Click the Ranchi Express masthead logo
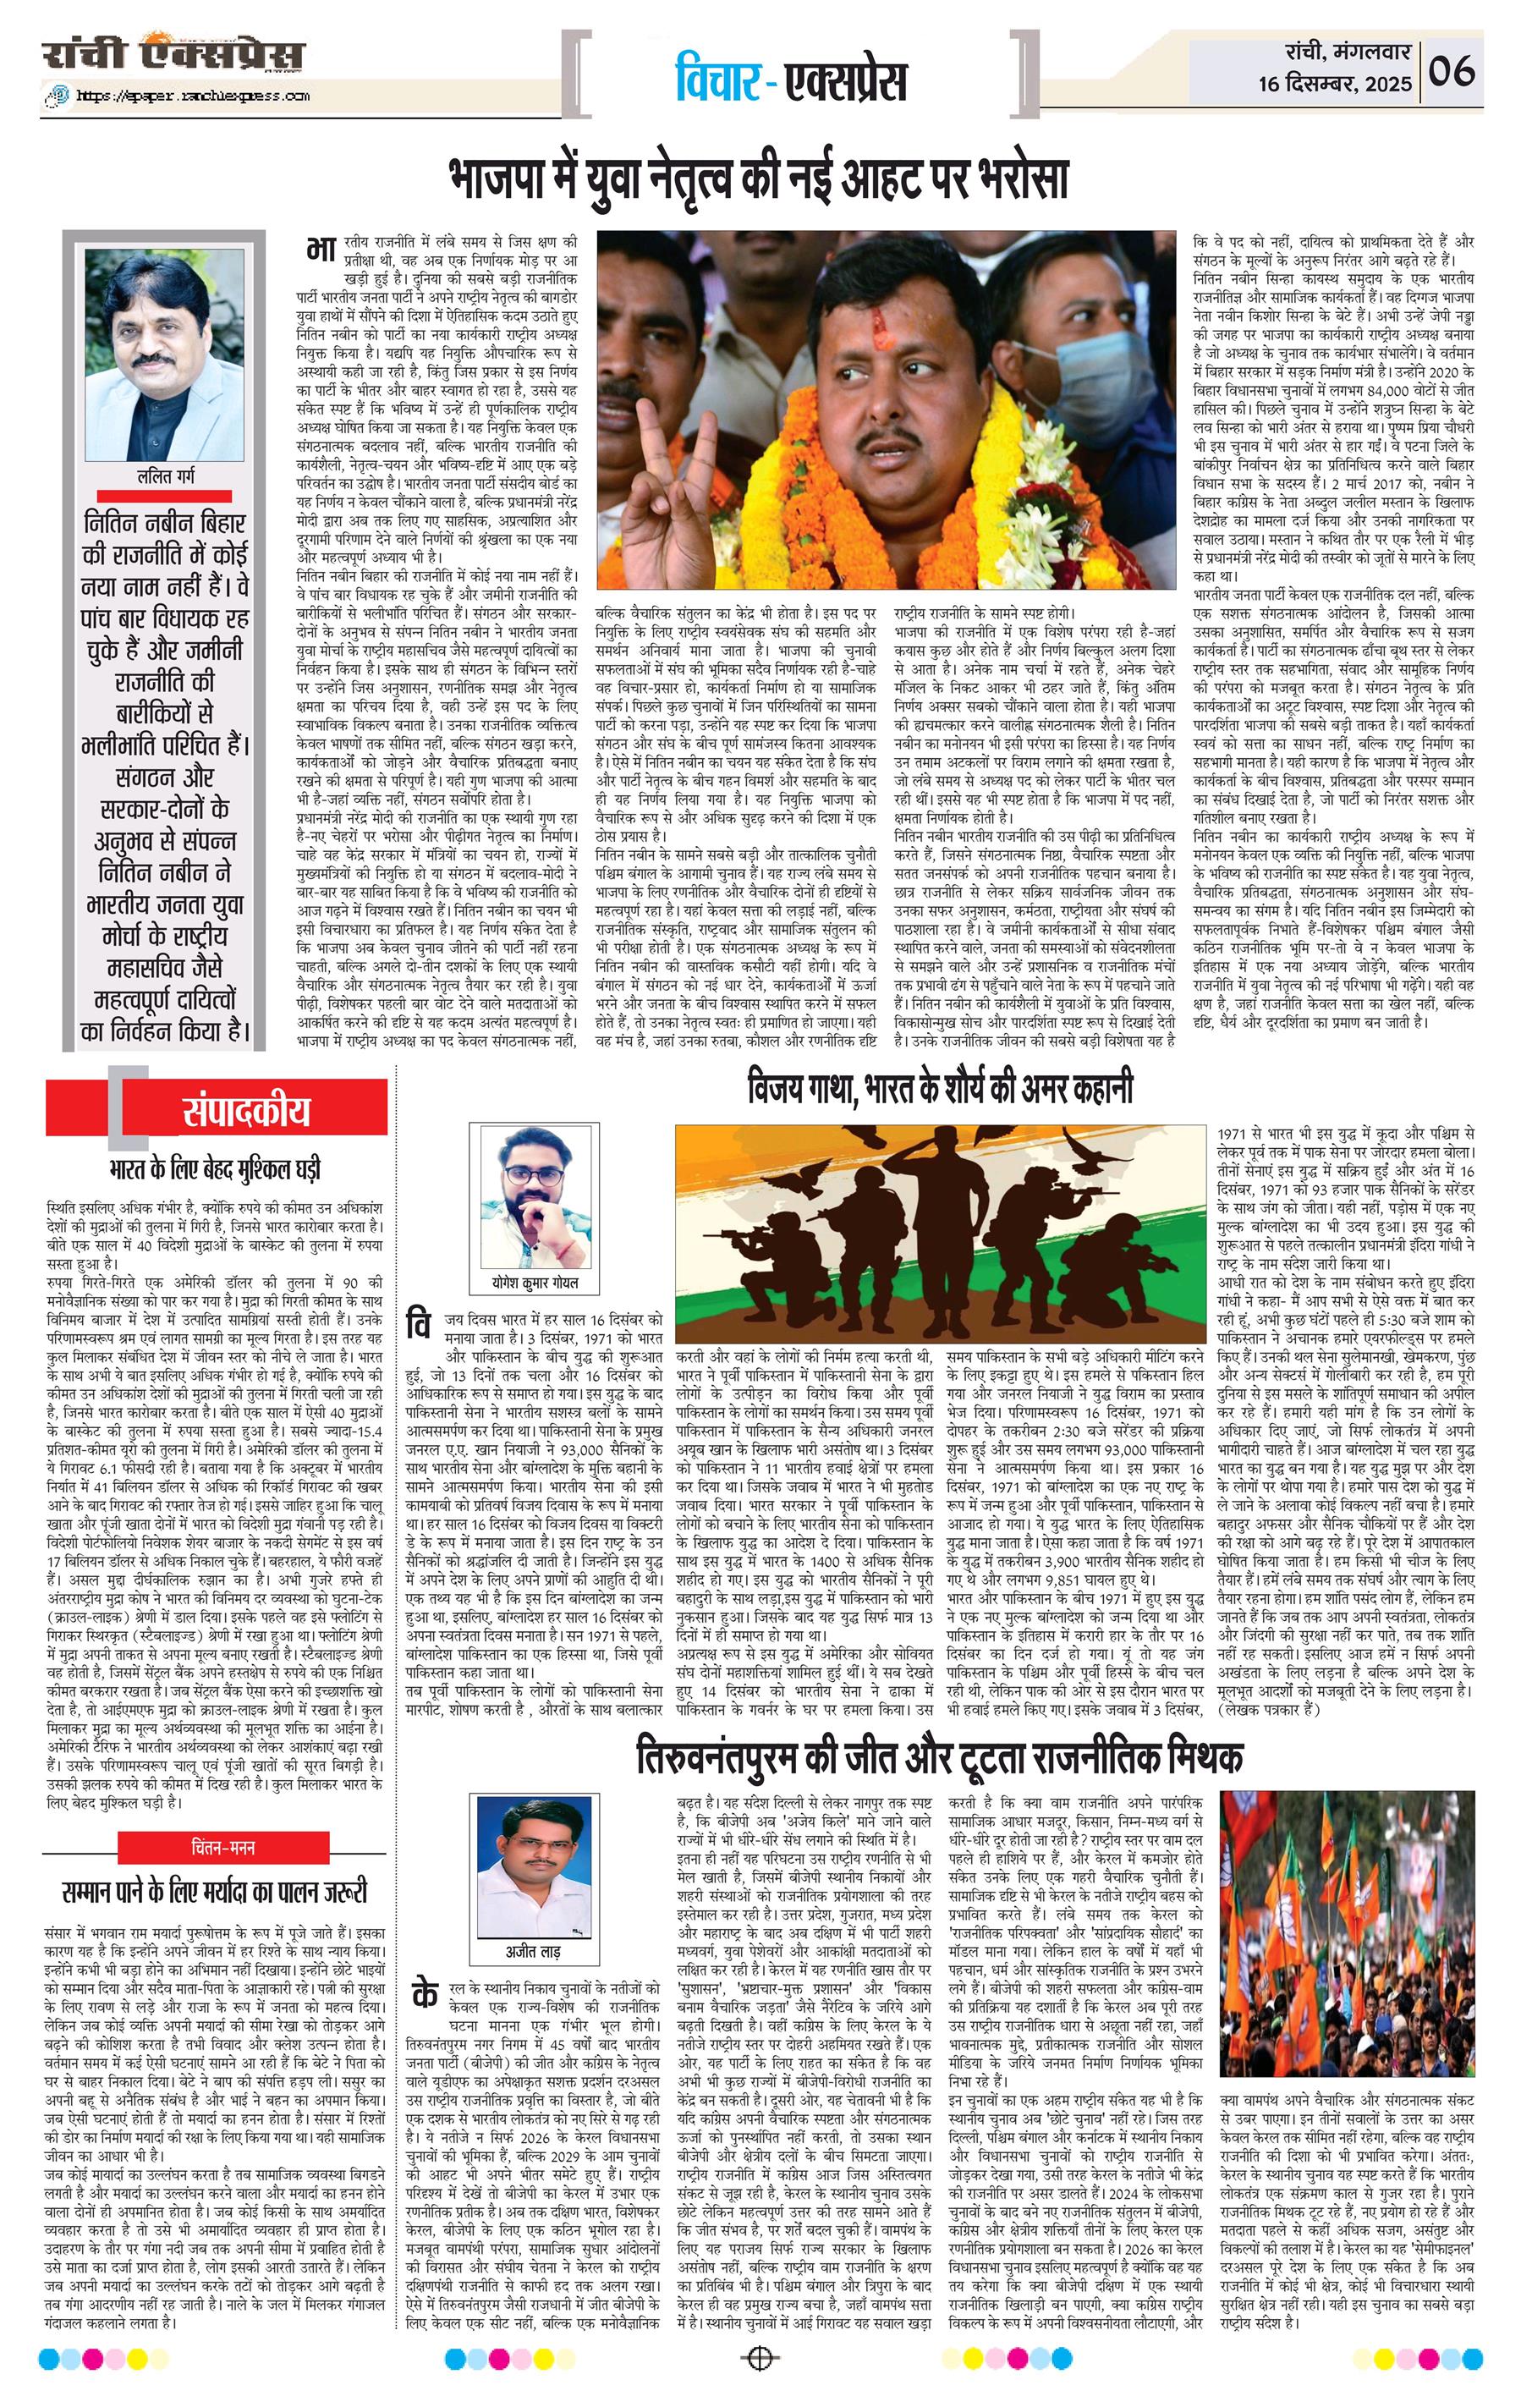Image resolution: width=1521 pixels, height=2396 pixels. (x=172, y=56)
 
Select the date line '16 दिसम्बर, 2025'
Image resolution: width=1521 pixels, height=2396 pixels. (x=1333, y=85)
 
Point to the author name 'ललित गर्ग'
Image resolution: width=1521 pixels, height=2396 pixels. (x=165, y=476)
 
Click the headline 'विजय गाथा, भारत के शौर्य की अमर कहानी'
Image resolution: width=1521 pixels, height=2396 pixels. (x=940, y=1089)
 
